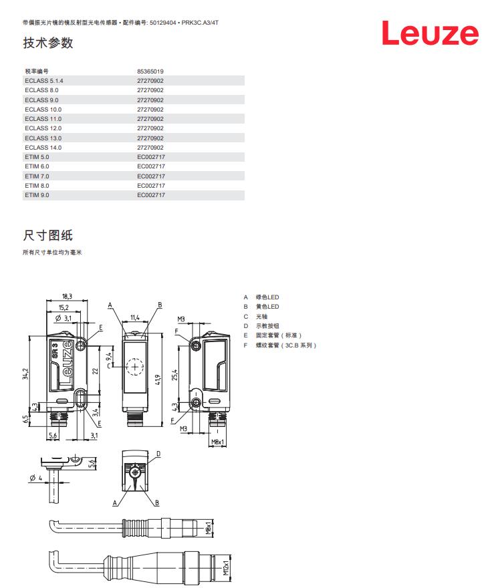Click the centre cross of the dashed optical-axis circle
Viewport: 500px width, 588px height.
click(134, 366)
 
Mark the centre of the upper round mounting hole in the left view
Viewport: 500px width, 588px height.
click(81, 345)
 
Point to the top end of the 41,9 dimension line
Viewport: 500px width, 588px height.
click(162, 333)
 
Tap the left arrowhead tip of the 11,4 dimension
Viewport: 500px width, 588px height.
click(123, 322)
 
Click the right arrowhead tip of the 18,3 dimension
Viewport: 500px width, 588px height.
click(88, 301)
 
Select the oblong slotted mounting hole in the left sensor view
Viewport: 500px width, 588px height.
click(80, 398)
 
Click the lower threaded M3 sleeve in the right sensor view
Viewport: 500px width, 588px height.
click(195, 403)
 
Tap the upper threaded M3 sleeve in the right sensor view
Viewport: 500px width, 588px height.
click(195, 345)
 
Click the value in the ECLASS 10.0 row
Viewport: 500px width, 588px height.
click(150, 110)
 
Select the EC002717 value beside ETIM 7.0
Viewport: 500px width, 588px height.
click(151, 176)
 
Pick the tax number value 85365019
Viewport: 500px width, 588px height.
click(150, 71)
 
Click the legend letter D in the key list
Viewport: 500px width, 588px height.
click(246, 326)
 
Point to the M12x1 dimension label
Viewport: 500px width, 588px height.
click(226, 568)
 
